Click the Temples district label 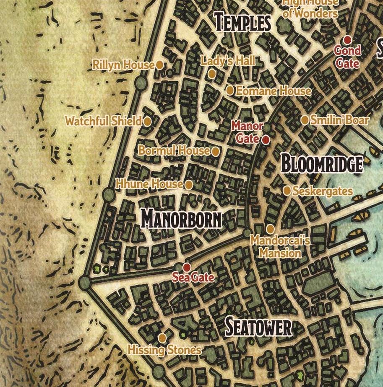242,22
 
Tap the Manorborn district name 181,219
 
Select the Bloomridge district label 322,164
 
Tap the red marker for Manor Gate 266,140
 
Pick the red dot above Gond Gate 347,40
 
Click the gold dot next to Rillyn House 159,65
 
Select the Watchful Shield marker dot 147,121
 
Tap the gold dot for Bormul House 215,152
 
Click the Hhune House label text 149,184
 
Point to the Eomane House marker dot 230,90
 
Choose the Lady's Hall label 228,61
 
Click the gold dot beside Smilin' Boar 305,120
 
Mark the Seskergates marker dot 287,191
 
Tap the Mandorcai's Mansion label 280,247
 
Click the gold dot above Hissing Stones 162,338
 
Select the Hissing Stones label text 164,350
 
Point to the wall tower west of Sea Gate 85,283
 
